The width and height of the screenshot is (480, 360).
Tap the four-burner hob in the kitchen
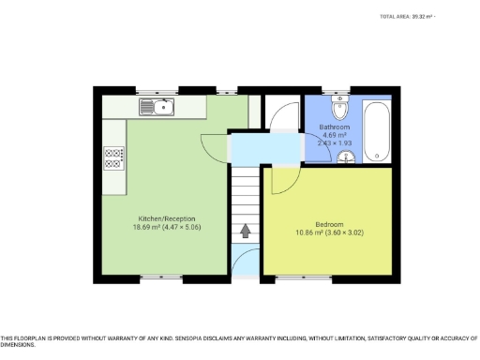(114, 158)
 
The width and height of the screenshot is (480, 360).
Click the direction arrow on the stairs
(246, 229)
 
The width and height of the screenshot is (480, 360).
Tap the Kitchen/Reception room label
(167, 218)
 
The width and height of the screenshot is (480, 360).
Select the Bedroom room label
(329, 224)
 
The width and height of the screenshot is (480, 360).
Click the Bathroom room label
(335, 127)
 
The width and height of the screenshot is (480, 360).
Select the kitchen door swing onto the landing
(216, 148)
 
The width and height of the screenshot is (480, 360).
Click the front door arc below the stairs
(247, 262)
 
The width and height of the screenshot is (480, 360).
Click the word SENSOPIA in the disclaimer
(194, 338)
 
